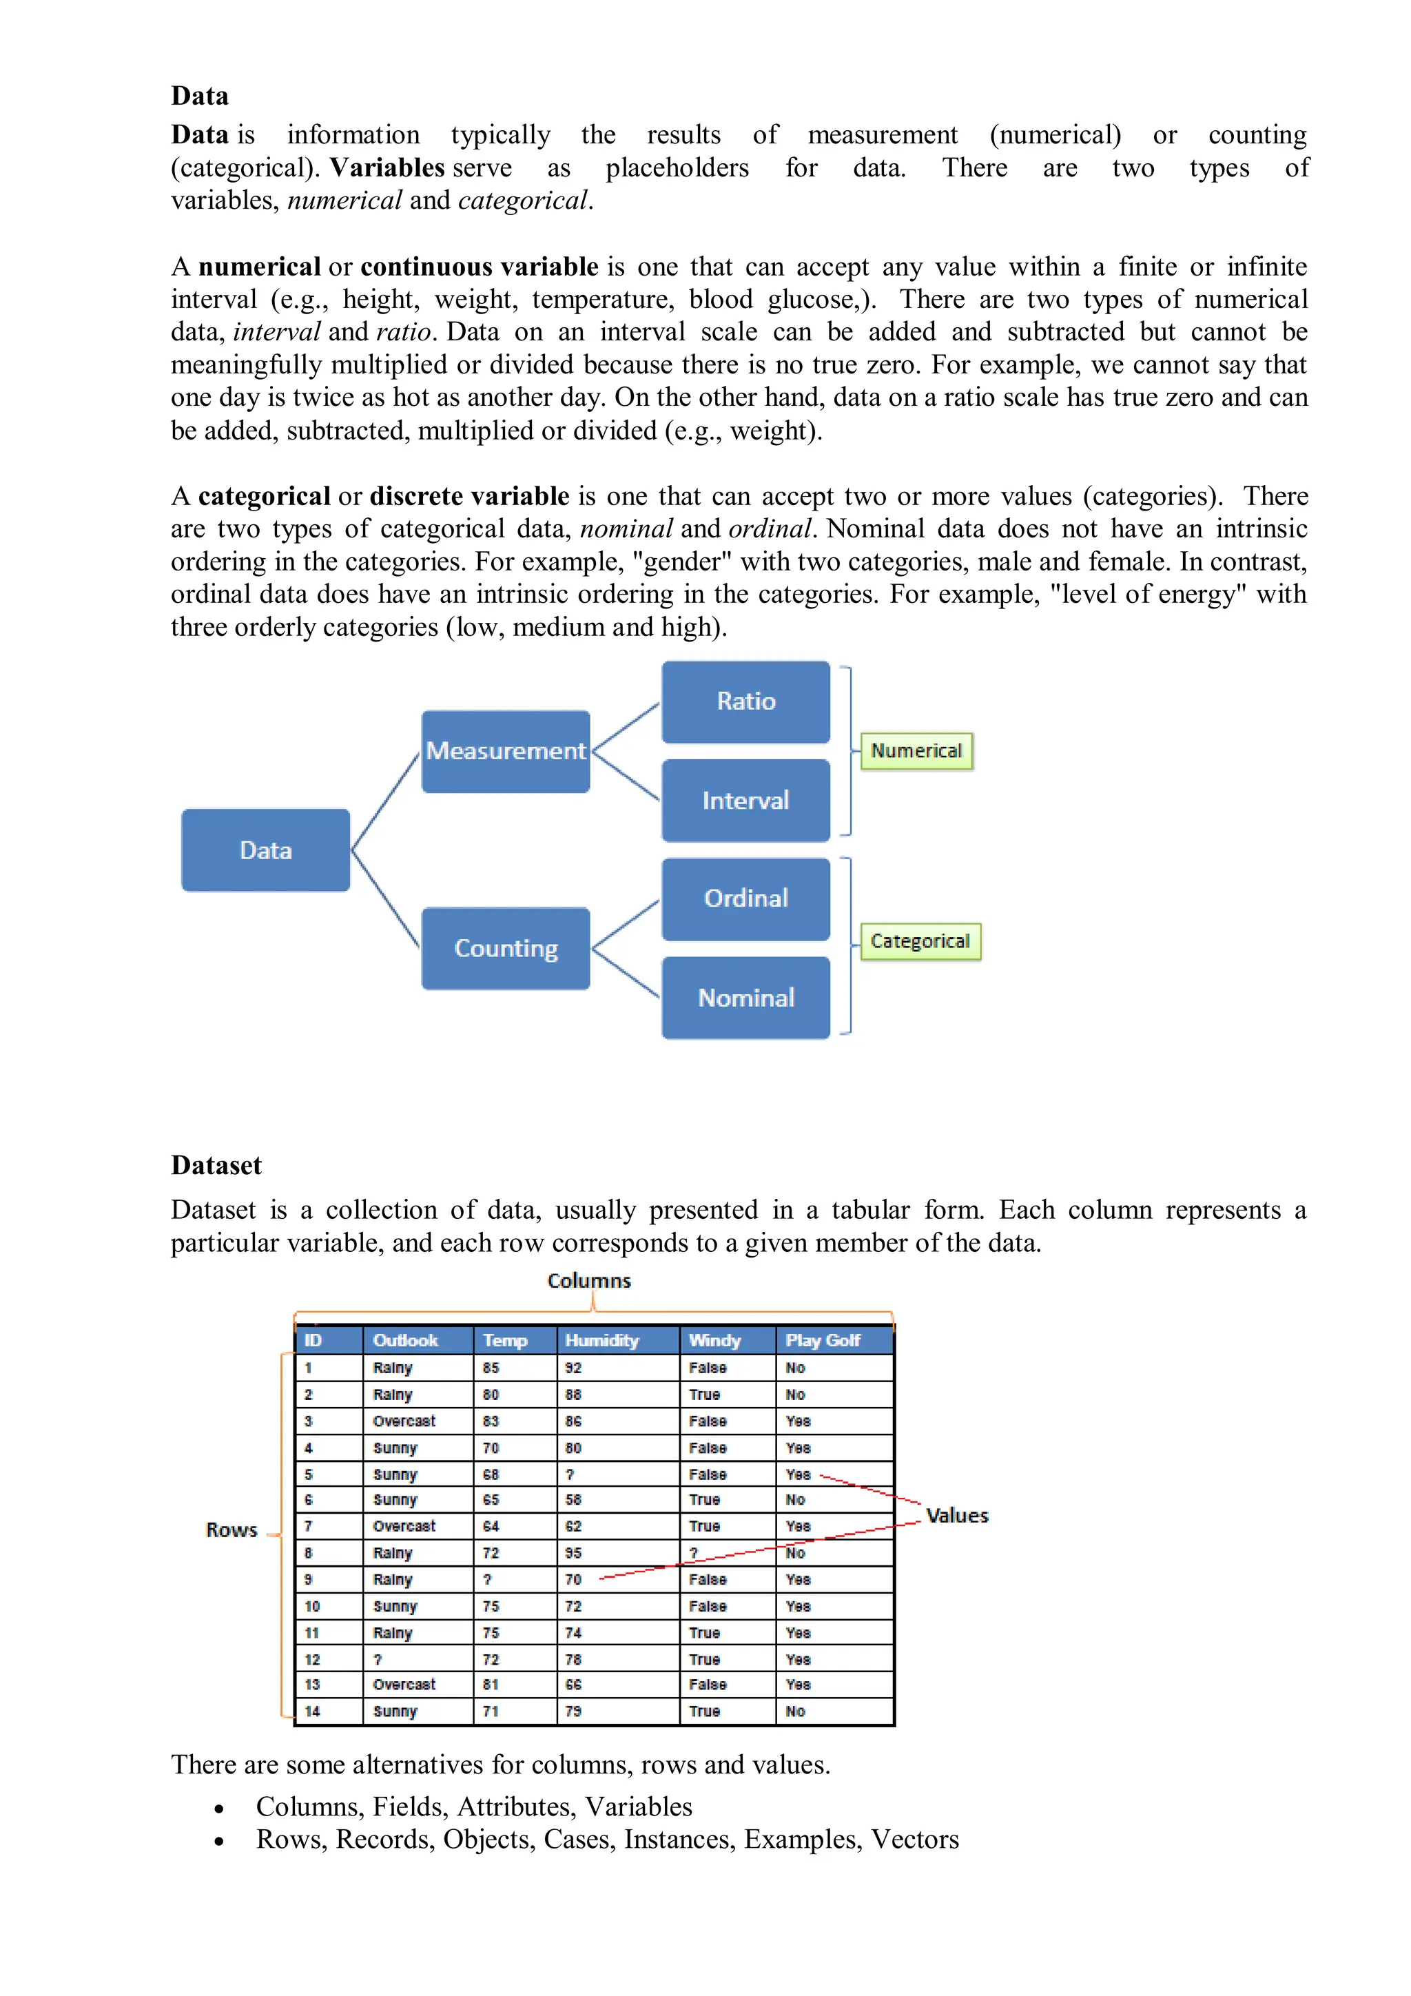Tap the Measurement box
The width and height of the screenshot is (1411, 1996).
(505, 751)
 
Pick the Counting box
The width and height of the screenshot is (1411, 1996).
(505, 949)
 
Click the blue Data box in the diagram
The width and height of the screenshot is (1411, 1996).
(265, 850)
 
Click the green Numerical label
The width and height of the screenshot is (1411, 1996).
(916, 751)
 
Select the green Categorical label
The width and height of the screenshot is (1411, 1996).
(920, 941)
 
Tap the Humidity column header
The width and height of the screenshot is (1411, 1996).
(601, 1341)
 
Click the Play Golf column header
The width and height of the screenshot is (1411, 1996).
(823, 1341)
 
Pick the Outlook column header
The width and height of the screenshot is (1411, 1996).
(405, 1341)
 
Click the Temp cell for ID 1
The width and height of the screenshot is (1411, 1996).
(491, 1368)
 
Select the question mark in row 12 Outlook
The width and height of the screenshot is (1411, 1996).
(378, 1660)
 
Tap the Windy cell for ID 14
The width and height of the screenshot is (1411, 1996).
(704, 1711)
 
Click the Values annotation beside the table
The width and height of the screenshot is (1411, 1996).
(956, 1516)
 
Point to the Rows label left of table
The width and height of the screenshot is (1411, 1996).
(231, 1530)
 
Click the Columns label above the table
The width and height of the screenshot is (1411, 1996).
(588, 1281)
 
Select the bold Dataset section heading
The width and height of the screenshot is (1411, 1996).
(216, 1165)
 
